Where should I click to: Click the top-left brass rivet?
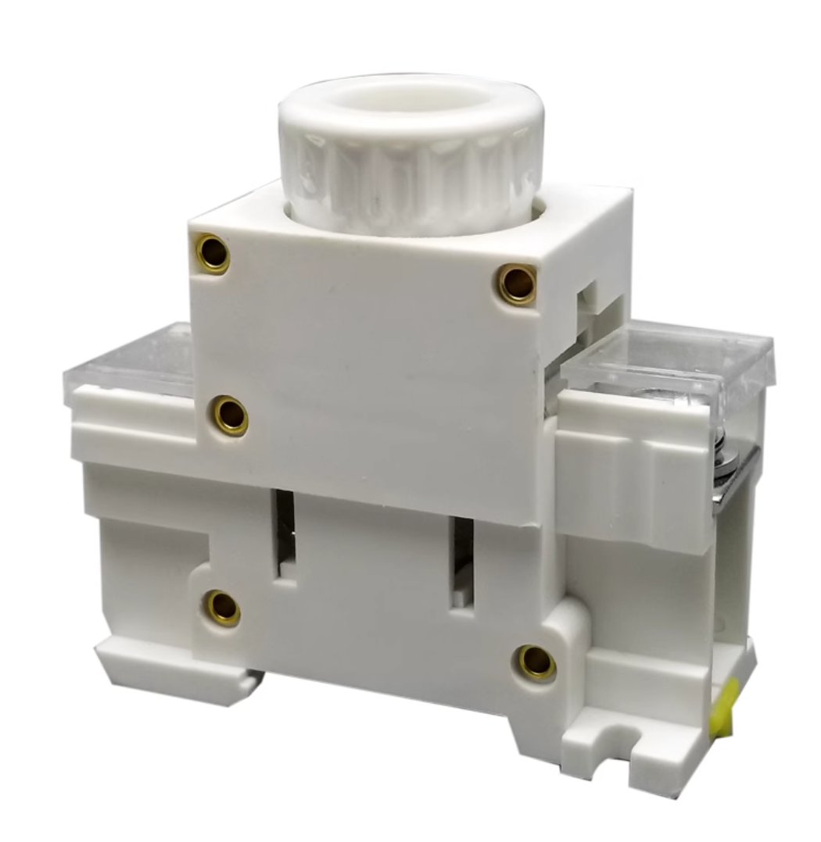213,252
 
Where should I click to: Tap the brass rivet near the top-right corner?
518,283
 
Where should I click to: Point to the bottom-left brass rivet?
223,607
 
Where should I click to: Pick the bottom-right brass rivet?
537,662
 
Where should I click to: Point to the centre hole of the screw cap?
408,102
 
